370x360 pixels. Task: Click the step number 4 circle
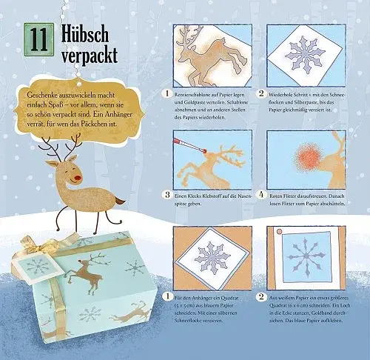pos(261,196)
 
